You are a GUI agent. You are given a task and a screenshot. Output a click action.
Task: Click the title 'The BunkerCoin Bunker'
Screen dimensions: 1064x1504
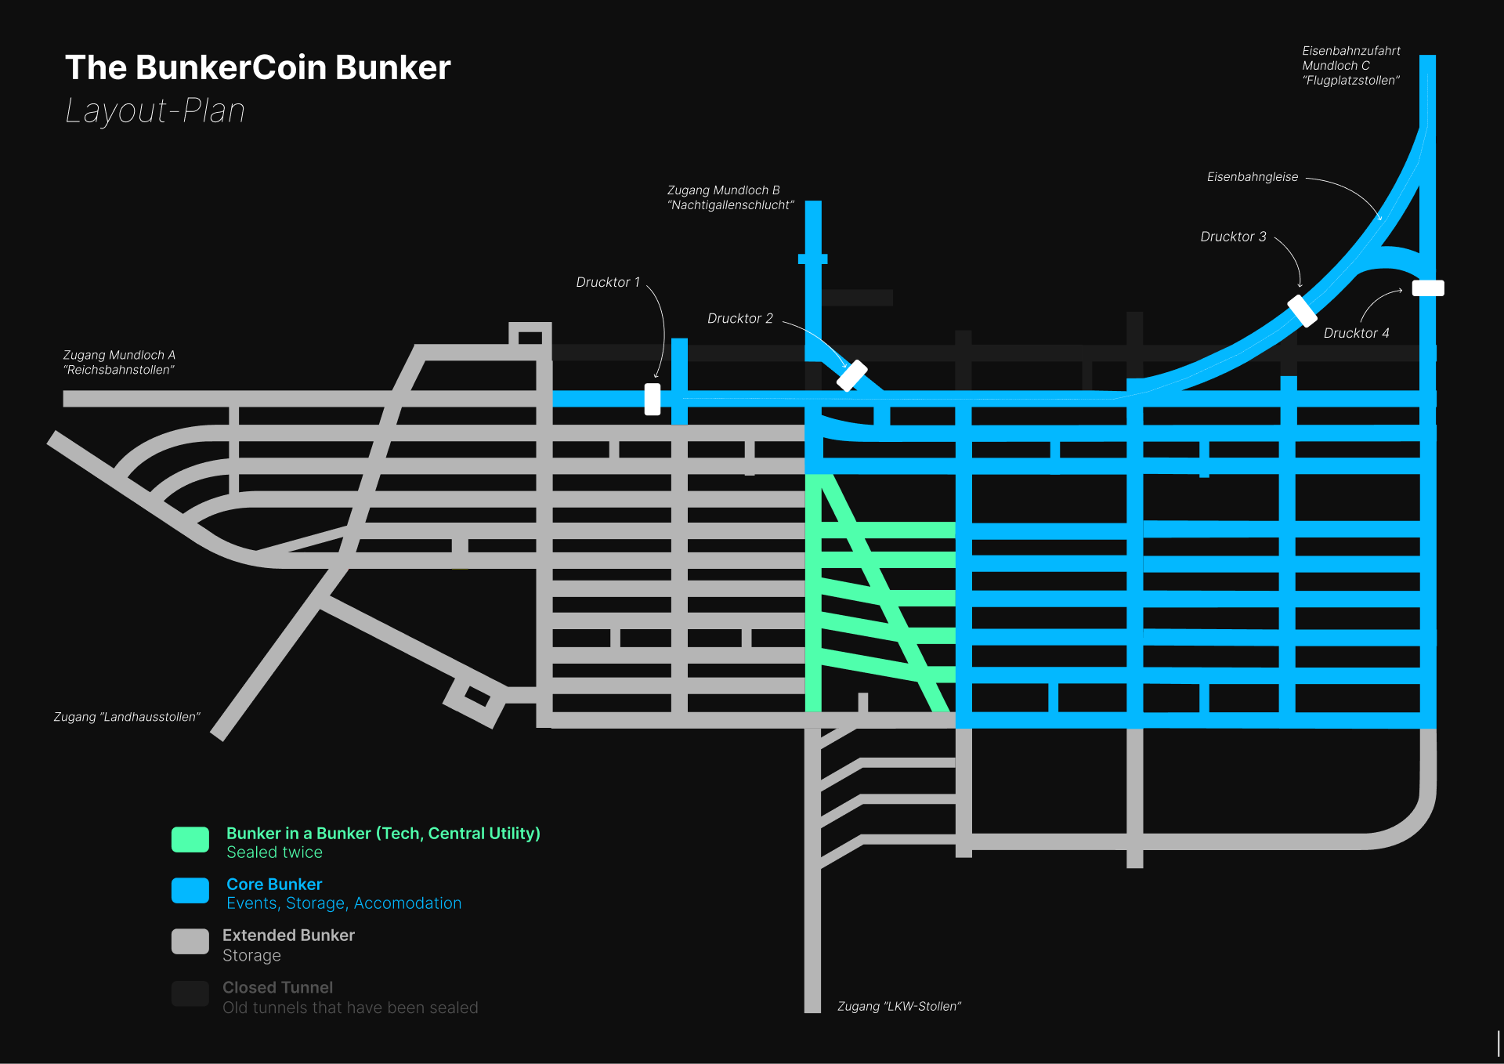click(x=258, y=67)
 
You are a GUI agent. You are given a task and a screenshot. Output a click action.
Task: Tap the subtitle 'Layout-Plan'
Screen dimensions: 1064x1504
click(x=155, y=110)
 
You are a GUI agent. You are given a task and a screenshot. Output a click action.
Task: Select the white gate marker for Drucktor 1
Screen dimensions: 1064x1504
click(x=653, y=399)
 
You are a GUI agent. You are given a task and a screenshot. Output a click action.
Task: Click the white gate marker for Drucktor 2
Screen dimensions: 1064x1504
click(x=851, y=375)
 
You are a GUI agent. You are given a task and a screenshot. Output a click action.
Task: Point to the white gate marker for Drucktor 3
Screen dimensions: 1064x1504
click(x=1302, y=310)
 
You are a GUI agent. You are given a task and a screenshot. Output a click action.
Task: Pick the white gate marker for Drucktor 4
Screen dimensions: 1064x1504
click(x=1428, y=288)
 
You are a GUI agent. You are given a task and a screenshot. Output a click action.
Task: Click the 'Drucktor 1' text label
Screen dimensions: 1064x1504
click(x=608, y=282)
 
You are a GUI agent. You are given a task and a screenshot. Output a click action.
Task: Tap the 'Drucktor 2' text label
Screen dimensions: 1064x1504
click(x=739, y=318)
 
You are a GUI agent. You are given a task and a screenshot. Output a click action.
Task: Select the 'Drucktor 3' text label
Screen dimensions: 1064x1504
click(x=1233, y=237)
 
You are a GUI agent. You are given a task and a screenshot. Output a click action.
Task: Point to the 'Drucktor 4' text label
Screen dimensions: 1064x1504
click(x=1356, y=333)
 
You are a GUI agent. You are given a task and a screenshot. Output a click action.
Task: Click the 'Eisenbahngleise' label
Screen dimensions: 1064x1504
click(x=1252, y=177)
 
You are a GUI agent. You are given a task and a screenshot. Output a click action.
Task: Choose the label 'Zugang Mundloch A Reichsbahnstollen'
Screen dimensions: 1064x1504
click(x=119, y=363)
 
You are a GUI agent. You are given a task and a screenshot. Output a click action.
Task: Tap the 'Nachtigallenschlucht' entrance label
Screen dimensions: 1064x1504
click(x=730, y=197)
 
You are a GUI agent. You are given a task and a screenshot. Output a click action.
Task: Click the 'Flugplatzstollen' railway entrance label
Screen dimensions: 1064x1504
click(x=1350, y=66)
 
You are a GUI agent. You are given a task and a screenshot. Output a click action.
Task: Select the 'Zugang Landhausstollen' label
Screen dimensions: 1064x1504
click(x=127, y=717)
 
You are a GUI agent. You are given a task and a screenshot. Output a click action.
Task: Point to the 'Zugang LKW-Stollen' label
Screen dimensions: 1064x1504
click(x=898, y=1006)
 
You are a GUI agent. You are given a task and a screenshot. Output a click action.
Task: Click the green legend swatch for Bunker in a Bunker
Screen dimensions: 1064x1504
click(x=190, y=839)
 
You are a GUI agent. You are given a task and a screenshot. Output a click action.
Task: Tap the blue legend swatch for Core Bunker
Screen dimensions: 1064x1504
click(x=190, y=890)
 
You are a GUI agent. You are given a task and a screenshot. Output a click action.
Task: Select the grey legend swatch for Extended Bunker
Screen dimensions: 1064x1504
click(x=190, y=941)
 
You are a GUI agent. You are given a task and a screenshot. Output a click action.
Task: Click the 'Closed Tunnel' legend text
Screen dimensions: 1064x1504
click(x=277, y=987)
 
